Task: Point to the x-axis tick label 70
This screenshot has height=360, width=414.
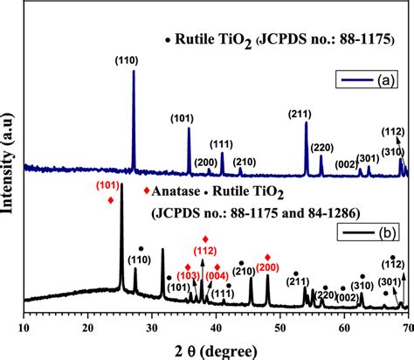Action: click(x=406, y=328)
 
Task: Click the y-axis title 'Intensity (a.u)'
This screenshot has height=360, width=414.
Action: click(x=10, y=166)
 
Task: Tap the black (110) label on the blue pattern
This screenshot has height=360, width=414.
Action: click(x=134, y=59)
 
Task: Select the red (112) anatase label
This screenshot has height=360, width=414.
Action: click(x=205, y=252)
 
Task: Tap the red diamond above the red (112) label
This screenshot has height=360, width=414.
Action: click(x=205, y=239)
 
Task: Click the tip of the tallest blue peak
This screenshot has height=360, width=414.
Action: click(x=134, y=71)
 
